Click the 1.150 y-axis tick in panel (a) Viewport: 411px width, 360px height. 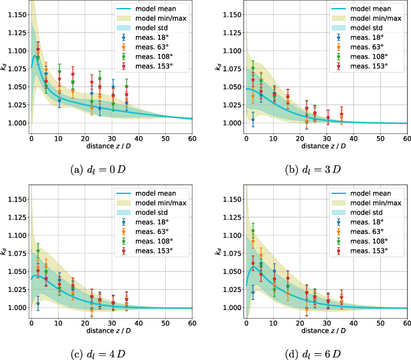[x=15, y=14]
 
